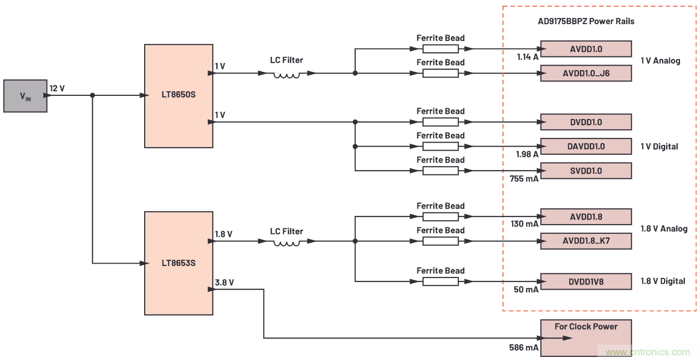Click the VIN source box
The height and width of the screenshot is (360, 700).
tap(25, 96)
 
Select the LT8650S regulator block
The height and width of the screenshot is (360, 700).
tap(178, 96)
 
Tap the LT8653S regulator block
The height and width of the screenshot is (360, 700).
tap(178, 263)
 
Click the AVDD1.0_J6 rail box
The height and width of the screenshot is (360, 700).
tap(586, 73)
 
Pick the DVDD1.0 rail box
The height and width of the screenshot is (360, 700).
tap(586, 122)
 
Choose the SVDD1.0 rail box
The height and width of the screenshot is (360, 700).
tap(586, 171)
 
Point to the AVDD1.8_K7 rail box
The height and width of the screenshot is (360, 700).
tap(586, 241)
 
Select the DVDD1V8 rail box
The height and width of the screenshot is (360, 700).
tap(586, 281)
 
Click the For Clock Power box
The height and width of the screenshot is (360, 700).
tap(586, 338)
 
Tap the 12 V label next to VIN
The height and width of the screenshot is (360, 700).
tap(57, 88)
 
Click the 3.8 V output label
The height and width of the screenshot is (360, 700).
tap(224, 282)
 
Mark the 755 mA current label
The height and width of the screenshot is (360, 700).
tap(524, 179)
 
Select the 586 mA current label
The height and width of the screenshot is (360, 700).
tap(524, 347)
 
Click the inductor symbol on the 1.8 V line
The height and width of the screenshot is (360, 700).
tap(287, 242)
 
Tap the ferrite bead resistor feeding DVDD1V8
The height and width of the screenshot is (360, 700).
tap(440, 281)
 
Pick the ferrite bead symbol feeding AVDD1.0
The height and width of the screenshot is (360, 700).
tap(440, 49)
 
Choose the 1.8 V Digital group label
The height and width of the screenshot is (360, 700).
tap(663, 281)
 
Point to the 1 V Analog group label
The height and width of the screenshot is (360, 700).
tap(660, 61)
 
